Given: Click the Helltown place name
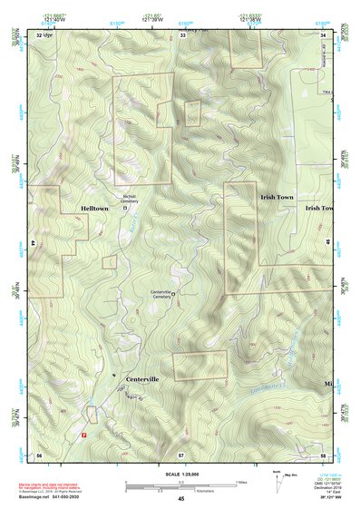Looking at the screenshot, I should pyautogui.click(x=93, y=209).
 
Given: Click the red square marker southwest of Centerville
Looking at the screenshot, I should pyautogui.click(x=84, y=434).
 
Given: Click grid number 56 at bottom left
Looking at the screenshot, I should pyautogui.click(x=39, y=454).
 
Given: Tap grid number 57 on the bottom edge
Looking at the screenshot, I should pyautogui.click(x=181, y=454).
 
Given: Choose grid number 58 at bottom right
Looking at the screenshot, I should pyautogui.click(x=323, y=454).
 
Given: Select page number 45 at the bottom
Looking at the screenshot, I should pyautogui.click(x=181, y=499).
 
